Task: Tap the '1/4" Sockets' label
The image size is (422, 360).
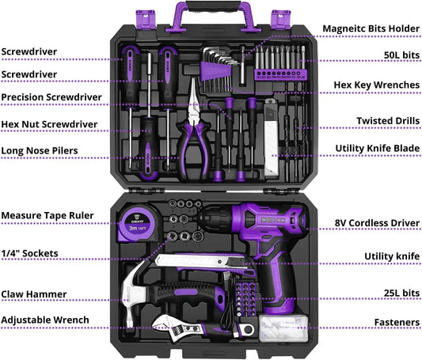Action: [x=29, y=253]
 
